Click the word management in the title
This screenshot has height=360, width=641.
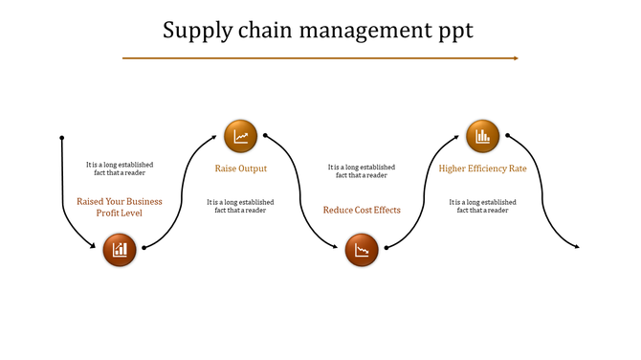363,31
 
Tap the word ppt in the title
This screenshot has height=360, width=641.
455,31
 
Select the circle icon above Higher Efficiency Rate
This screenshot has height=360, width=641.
482,135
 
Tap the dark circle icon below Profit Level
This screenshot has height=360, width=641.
120,250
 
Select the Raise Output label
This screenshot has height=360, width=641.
240,169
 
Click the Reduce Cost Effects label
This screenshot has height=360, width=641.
362,210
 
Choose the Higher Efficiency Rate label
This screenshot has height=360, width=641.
482,169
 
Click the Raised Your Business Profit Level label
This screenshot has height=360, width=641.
120,207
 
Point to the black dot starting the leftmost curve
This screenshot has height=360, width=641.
62,137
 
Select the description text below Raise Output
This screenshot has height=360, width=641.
240,206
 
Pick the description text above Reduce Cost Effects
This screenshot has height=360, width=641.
362,170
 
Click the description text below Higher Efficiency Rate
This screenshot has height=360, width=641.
482,206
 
